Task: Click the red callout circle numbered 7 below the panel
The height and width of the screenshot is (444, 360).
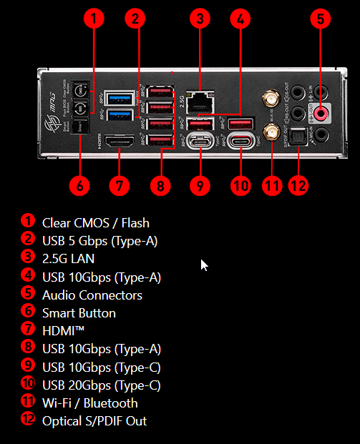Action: [x=120, y=184]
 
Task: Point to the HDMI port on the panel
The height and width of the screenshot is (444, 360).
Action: [x=120, y=143]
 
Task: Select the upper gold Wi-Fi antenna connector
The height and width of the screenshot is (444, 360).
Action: [x=272, y=96]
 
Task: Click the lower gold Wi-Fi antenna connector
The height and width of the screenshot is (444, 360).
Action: [x=272, y=132]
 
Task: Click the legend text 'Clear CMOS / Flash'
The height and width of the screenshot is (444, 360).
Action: [x=95, y=223]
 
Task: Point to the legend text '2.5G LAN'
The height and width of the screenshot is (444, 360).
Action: [x=68, y=259]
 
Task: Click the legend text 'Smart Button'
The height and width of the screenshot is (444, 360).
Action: [x=79, y=313]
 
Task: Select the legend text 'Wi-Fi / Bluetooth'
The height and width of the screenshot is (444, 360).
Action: [x=89, y=403]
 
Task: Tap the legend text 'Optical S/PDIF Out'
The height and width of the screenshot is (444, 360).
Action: [x=94, y=421]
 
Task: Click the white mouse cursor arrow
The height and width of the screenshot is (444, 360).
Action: [x=204, y=265]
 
